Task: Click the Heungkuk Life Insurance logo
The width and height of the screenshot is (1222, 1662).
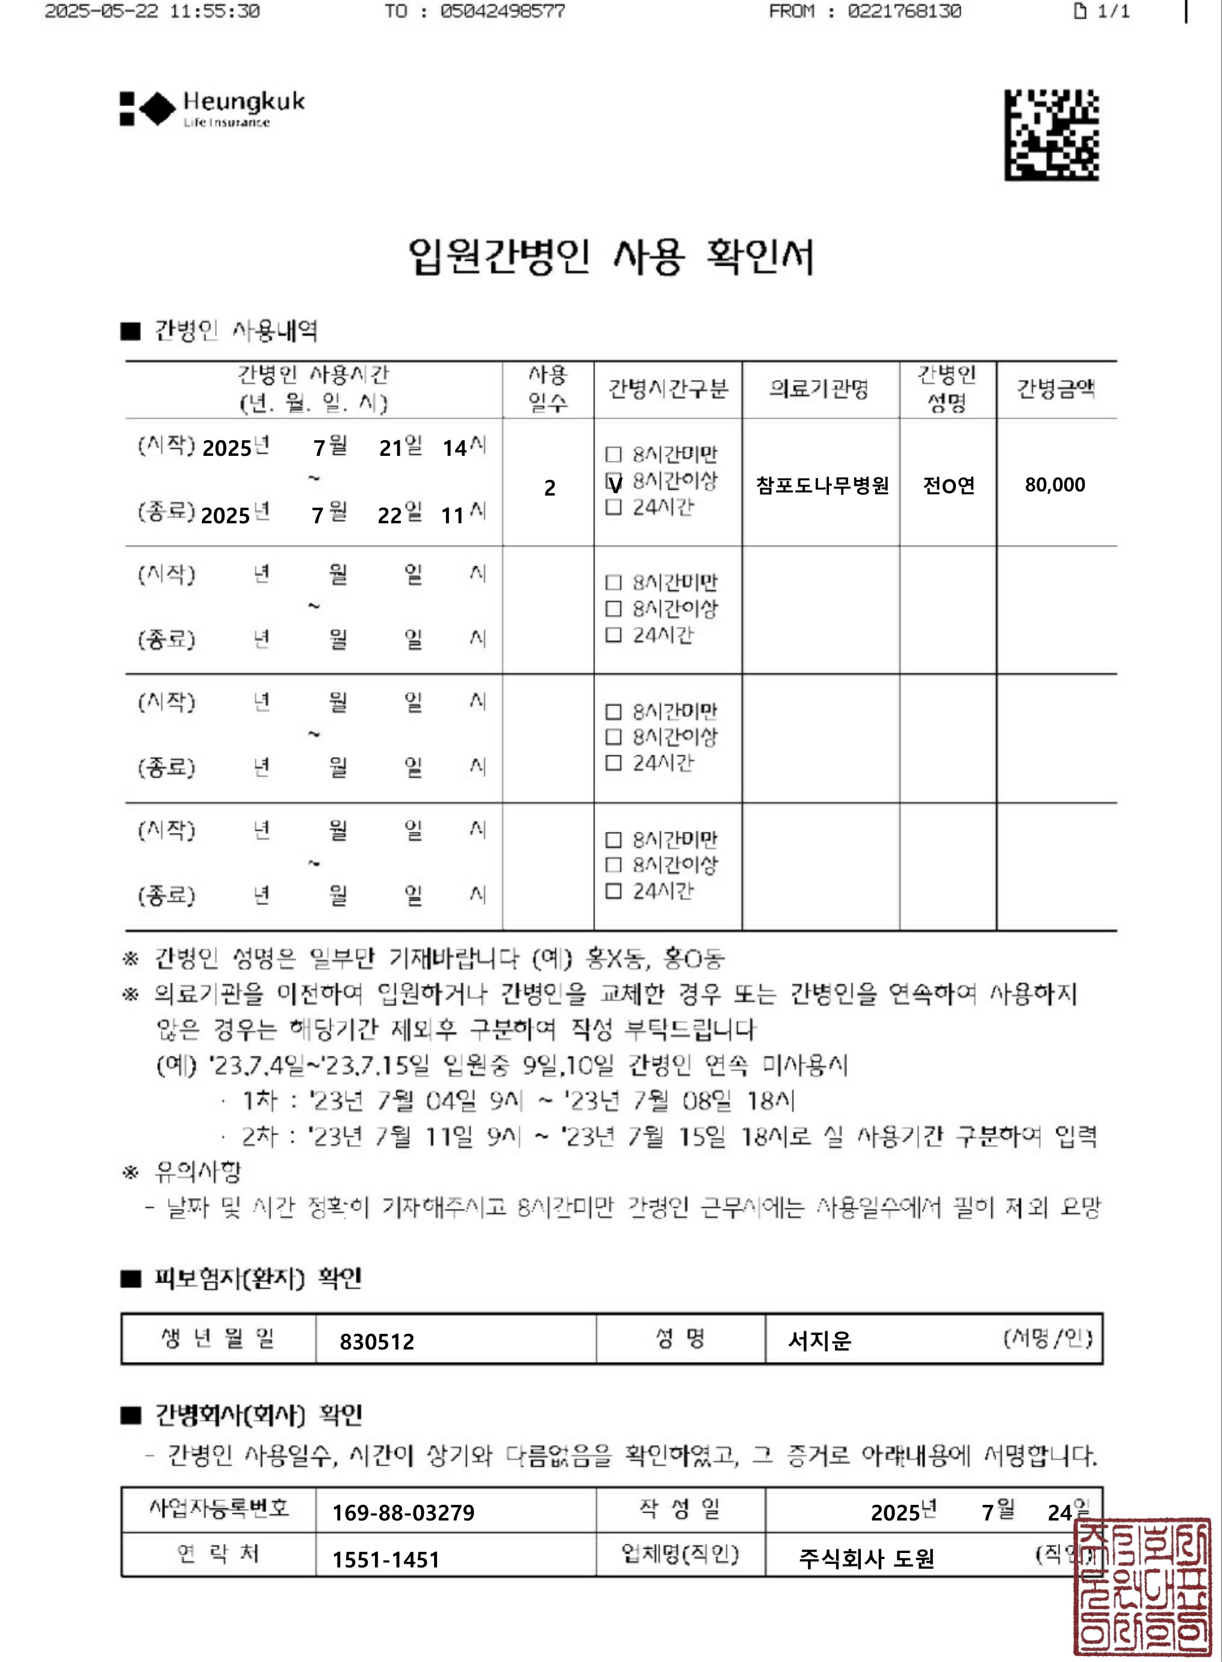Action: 212,109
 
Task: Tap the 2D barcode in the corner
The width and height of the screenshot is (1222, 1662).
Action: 1051,135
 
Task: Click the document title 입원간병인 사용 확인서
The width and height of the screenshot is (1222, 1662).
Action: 610,256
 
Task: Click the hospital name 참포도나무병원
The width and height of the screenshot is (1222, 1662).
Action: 822,485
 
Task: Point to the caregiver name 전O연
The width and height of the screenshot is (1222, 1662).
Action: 948,485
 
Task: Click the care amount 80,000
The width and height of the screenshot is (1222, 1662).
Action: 1055,485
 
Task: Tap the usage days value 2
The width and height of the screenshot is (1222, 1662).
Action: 550,488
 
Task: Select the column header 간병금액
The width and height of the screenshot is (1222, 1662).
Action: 1056,388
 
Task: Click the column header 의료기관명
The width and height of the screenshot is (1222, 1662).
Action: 819,388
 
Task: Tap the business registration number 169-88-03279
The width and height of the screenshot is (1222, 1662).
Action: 403,1513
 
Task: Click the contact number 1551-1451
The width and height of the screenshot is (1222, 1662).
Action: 385,1560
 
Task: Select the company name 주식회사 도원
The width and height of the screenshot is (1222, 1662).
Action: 866,1559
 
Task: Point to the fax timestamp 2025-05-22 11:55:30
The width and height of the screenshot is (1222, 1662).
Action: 152,11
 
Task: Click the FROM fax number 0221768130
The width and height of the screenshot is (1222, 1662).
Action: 904,11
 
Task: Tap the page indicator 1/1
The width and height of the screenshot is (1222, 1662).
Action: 1102,11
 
